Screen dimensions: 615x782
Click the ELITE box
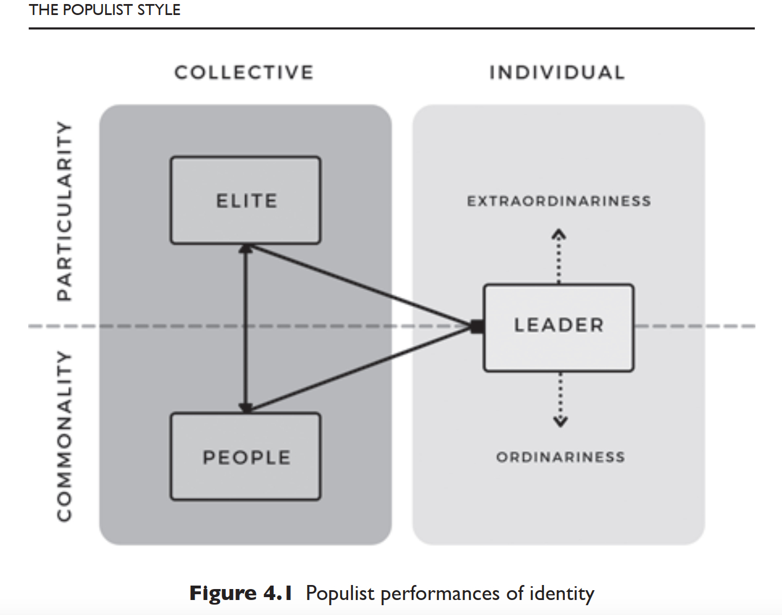pyautogui.click(x=245, y=200)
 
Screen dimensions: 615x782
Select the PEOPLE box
pyautogui.click(x=245, y=456)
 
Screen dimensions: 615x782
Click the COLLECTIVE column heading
pyautogui.click(x=244, y=73)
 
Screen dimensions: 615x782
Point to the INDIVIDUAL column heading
pyautogui.click(x=557, y=73)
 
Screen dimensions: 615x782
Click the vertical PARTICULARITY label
pyautogui.click(x=65, y=211)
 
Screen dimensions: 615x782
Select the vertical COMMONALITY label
pyautogui.click(x=65, y=436)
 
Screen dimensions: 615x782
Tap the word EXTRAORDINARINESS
pyautogui.click(x=558, y=201)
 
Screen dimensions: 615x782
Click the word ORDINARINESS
pyautogui.click(x=560, y=457)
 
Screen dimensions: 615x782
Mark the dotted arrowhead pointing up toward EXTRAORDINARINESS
pyautogui.click(x=558, y=235)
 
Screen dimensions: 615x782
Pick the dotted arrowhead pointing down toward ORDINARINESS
pyautogui.click(x=560, y=422)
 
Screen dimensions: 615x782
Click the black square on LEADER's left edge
pyautogui.click(x=478, y=327)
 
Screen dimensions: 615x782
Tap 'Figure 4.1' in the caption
pyautogui.click(x=240, y=594)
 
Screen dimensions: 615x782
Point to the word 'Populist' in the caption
pyautogui.click(x=340, y=594)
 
